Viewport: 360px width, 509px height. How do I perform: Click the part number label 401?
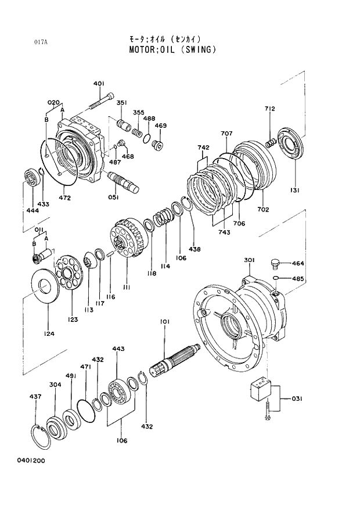pyautogui.click(x=98, y=83)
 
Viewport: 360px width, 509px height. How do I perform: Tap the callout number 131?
pyautogui.click(x=296, y=190)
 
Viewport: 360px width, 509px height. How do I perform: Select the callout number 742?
pyautogui.click(x=203, y=148)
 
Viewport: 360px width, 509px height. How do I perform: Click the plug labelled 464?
pyautogui.click(x=275, y=265)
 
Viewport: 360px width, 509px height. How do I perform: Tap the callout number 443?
pyautogui.click(x=118, y=349)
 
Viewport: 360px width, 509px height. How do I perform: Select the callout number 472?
pyautogui.click(x=64, y=198)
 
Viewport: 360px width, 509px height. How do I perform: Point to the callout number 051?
pyautogui.click(x=113, y=197)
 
